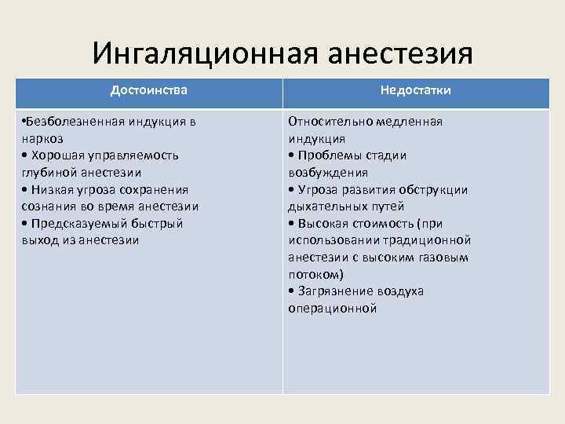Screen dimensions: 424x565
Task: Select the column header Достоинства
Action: click(149, 90)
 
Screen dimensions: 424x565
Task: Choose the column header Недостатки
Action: click(416, 90)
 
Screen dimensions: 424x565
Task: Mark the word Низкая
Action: click(50, 189)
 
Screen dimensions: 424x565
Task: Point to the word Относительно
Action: click(326, 122)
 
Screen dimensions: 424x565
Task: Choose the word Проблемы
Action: click(327, 155)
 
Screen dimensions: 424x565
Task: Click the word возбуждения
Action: click(328, 172)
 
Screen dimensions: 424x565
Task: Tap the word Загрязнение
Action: click(334, 291)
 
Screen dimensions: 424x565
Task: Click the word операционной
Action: click(333, 309)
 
